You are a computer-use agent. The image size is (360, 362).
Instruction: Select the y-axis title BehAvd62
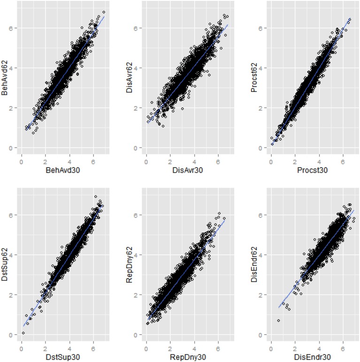point(7,81)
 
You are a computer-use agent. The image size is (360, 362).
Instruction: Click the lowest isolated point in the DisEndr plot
point(278,320)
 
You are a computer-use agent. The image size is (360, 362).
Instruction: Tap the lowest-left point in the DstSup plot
point(23,333)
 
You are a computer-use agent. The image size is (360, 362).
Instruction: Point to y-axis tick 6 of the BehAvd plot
point(14,28)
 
